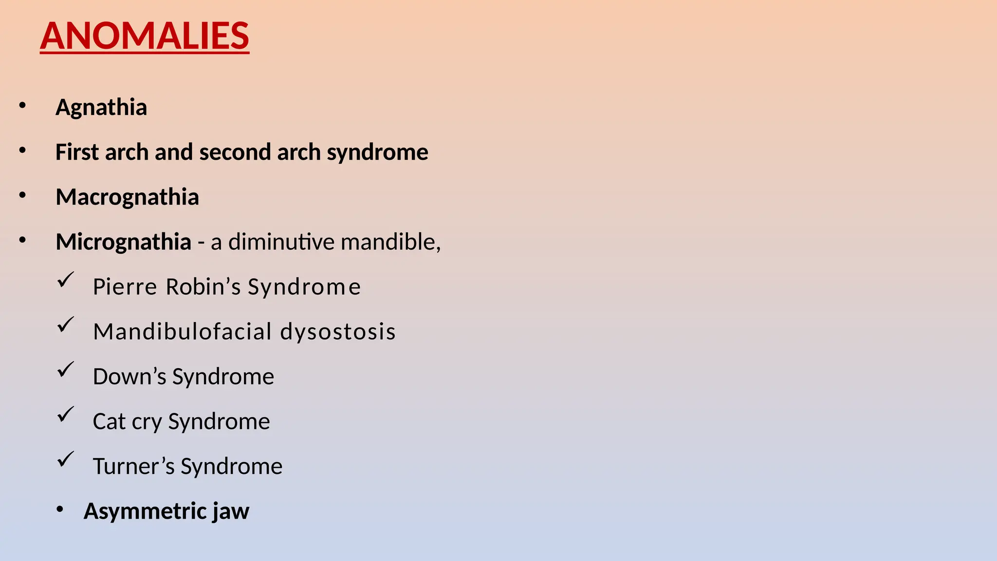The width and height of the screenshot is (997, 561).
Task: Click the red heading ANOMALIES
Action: [x=145, y=36]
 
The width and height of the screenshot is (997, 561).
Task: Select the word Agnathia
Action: [x=101, y=107]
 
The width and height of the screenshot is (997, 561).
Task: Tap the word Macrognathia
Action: [x=127, y=197]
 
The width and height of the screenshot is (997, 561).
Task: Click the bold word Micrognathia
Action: [x=123, y=242]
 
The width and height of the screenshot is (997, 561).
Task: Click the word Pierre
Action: [x=125, y=286]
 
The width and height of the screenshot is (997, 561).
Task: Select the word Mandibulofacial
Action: [x=183, y=332]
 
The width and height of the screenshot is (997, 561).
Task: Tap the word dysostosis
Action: [x=338, y=332]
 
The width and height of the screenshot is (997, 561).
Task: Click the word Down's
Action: [x=129, y=376]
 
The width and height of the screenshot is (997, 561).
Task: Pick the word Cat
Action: [x=109, y=421]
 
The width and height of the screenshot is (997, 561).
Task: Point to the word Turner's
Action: [x=133, y=466]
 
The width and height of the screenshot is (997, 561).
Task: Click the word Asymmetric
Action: [x=145, y=511]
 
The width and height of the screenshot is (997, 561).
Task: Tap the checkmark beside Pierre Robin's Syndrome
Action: [x=65, y=280]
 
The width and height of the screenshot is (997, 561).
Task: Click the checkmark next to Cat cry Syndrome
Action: [x=65, y=414]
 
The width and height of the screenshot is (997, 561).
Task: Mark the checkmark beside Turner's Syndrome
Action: [x=65, y=459]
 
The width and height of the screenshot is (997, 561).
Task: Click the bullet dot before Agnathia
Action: [x=22, y=105]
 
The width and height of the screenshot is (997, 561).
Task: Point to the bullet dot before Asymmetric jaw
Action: [x=60, y=509]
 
